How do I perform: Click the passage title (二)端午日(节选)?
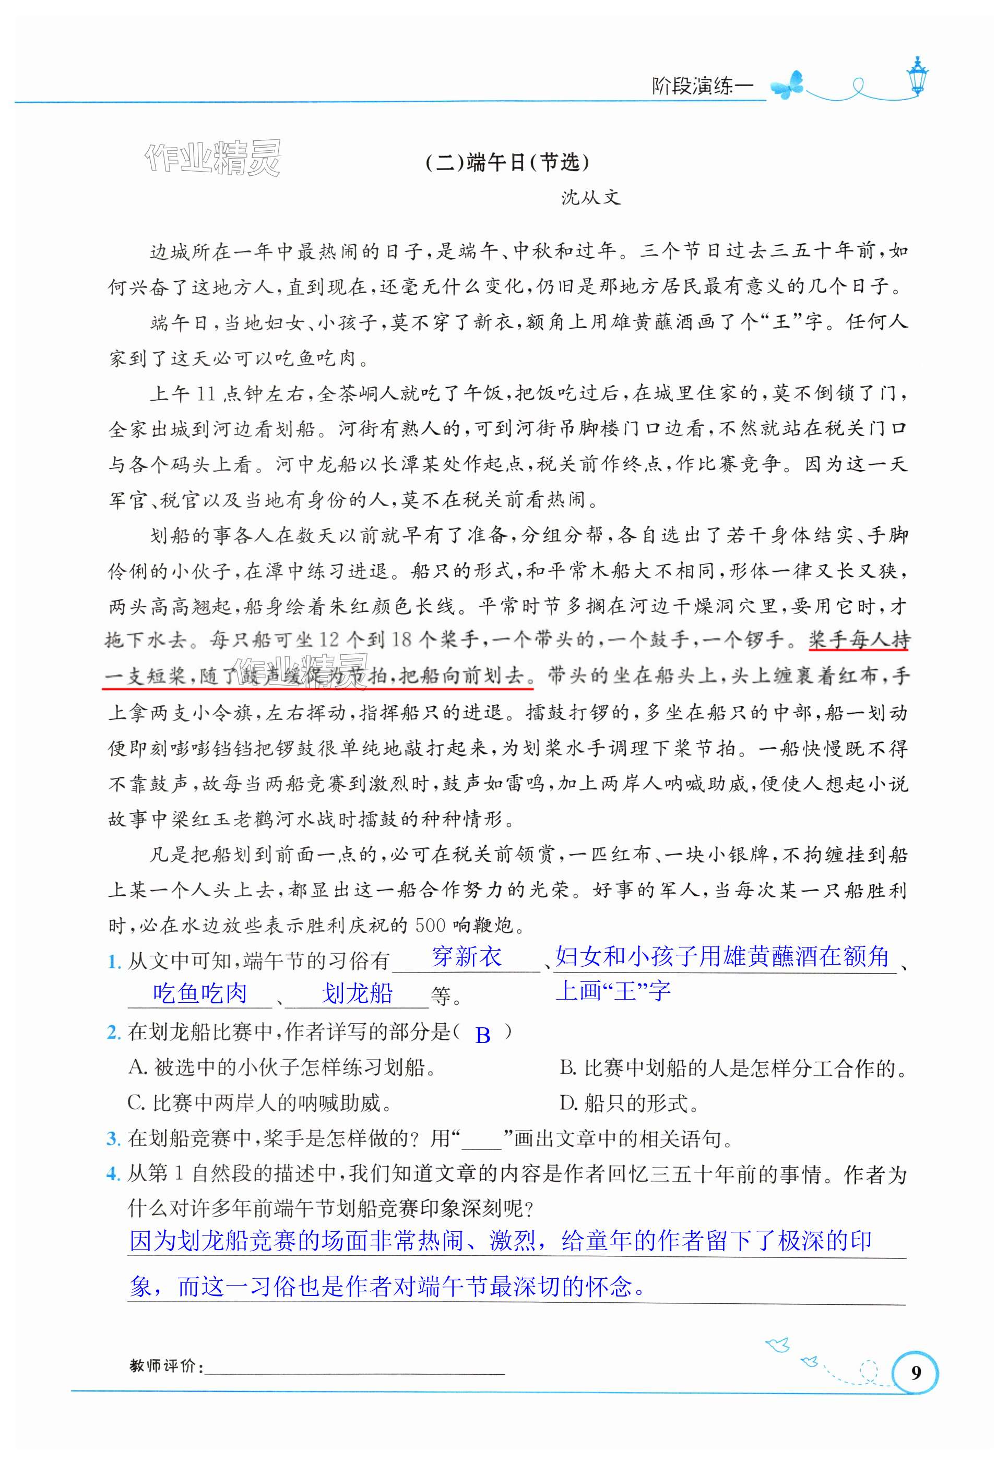coord(507,162)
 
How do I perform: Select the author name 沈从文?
coord(590,198)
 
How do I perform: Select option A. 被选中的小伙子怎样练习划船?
coord(282,1067)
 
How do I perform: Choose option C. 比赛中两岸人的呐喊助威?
coord(259,1103)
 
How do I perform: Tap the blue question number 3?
coord(113,1139)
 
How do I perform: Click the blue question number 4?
coord(113,1174)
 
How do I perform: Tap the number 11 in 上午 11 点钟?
coord(206,394)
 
